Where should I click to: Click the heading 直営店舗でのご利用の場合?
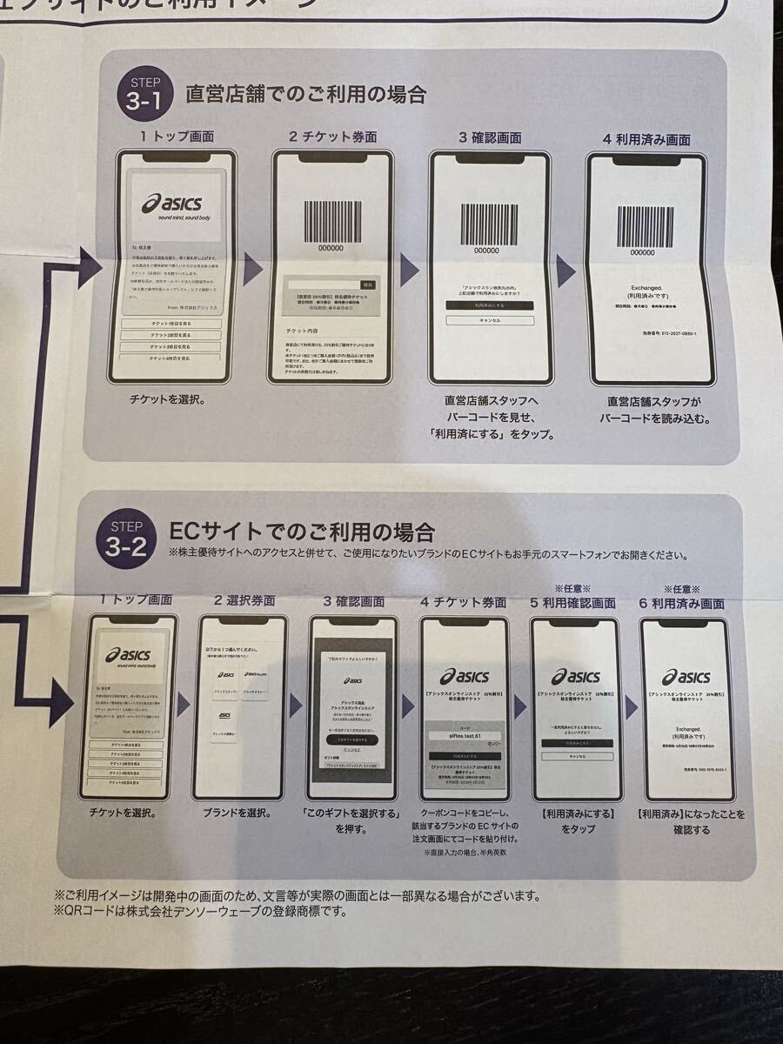pos(305,94)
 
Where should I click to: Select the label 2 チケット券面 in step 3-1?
pos(332,138)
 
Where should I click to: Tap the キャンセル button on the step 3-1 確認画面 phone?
pos(489,321)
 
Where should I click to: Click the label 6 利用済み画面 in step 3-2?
pos(682,603)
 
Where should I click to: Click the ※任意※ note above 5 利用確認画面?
pos(573,589)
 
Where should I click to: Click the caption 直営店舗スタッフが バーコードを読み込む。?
pos(655,410)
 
